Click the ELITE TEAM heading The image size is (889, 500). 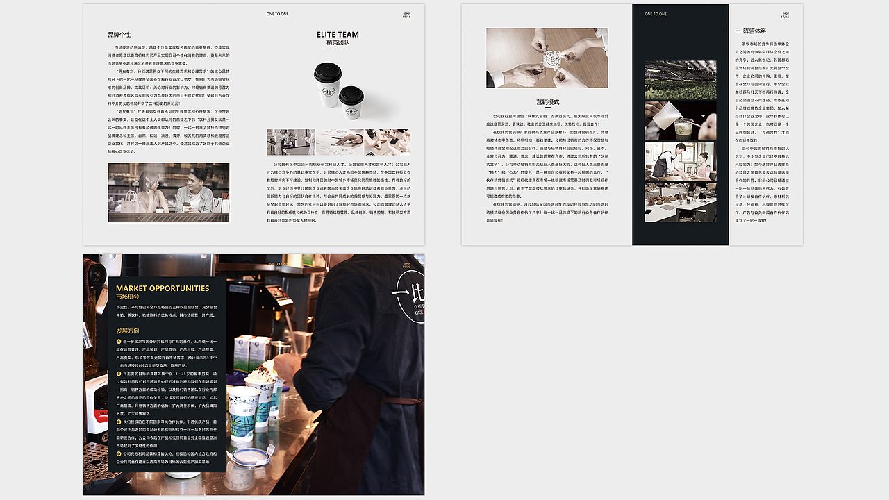tap(338, 34)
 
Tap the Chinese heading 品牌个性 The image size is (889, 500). tap(119, 34)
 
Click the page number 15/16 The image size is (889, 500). tap(406, 16)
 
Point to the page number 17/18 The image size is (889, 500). tap(786, 16)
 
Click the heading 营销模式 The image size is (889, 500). tap(547, 102)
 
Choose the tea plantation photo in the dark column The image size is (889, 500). tap(680, 80)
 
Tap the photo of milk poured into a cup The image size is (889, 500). tap(680, 121)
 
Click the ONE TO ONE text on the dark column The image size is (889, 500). tap(656, 14)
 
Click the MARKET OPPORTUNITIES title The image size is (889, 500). tap(163, 288)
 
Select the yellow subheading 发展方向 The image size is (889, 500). tap(128, 331)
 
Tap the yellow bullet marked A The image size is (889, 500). tap(119, 342)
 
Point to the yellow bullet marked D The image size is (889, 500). tap(119, 453)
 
